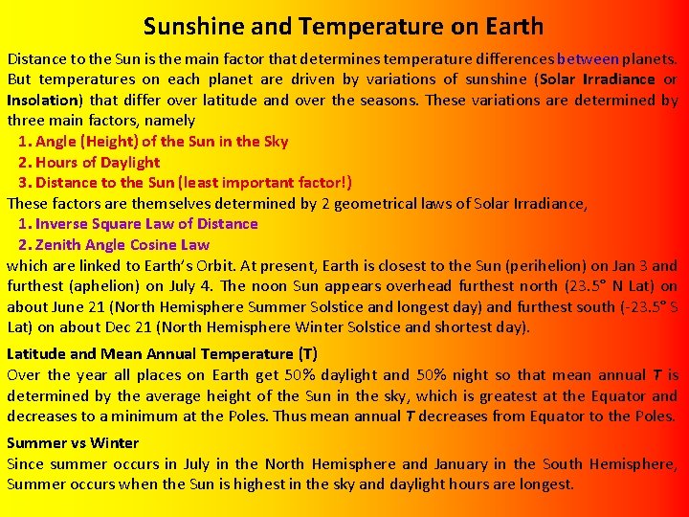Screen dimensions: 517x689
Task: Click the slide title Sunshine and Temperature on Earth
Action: (x=344, y=26)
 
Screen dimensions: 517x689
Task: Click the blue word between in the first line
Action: (x=588, y=58)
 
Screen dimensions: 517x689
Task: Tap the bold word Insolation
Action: (x=44, y=100)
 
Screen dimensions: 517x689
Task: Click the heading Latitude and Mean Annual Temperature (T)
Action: (x=162, y=354)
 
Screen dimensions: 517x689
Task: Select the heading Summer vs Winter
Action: (x=73, y=443)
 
